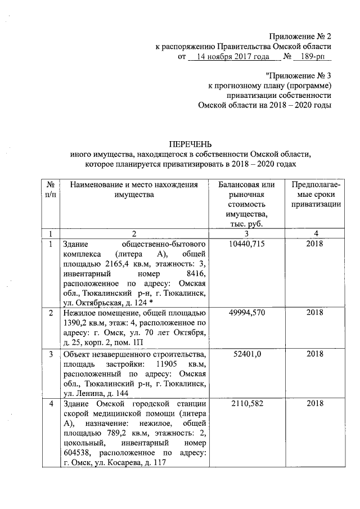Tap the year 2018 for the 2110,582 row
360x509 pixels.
click(316, 405)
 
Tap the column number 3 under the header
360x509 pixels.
click(243, 233)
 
